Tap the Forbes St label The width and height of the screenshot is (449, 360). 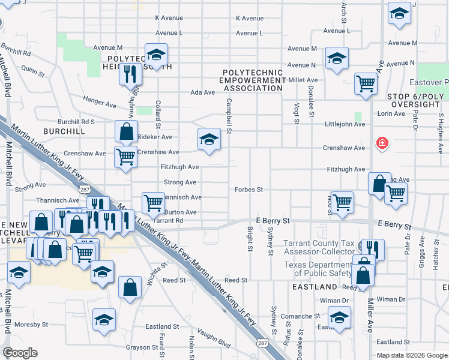(x=249, y=190)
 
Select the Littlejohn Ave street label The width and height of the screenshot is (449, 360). (x=344, y=124)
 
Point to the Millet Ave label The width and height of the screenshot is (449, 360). (x=304, y=80)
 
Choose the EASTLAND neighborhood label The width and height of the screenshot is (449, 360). (x=315, y=287)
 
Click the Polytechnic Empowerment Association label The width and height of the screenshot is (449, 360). (x=251, y=80)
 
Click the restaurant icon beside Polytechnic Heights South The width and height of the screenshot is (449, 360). (x=129, y=73)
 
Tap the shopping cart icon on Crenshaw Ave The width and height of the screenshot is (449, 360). (x=125, y=157)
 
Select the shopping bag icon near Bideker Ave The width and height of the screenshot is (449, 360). (x=126, y=131)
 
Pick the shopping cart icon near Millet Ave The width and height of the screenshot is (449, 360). (x=366, y=84)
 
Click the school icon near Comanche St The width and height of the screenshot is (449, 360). (x=339, y=317)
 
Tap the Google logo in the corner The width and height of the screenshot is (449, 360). (x=20, y=353)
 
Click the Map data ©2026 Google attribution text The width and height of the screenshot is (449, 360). (x=411, y=355)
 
